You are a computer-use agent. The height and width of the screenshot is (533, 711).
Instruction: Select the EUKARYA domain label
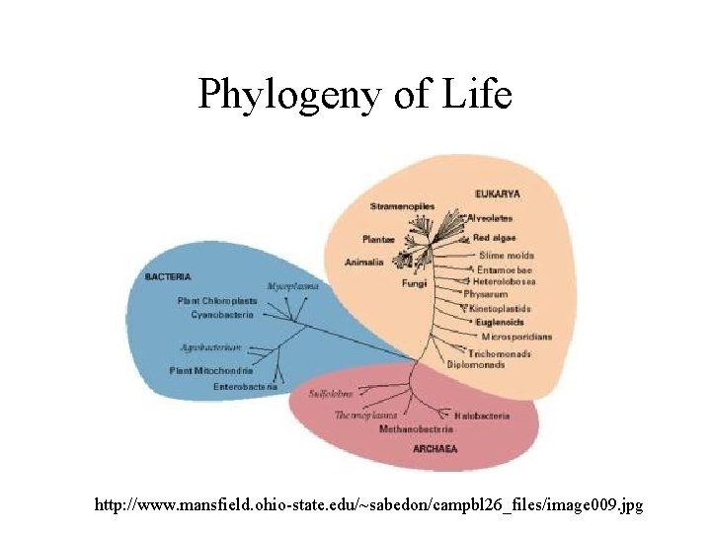click(498, 193)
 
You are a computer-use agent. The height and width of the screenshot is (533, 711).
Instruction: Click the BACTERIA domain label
click(168, 276)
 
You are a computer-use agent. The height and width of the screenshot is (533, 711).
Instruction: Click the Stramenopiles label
click(402, 206)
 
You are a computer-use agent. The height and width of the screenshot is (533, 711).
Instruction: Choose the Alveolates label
click(490, 217)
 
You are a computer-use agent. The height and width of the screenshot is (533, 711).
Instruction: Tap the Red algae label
click(494, 238)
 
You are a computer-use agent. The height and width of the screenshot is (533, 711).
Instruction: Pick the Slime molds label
click(513, 255)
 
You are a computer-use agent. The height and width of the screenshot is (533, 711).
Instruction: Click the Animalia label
click(364, 263)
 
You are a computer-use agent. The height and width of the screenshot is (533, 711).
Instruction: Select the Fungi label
click(414, 284)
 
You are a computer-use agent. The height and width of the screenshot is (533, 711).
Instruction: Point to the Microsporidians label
click(516, 337)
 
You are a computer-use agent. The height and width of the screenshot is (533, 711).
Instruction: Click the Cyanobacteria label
click(222, 315)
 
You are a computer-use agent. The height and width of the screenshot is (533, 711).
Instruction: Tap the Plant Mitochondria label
click(211, 371)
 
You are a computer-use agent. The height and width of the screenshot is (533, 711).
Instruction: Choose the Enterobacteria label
click(246, 387)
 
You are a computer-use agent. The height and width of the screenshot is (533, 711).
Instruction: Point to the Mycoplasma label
click(292, 286)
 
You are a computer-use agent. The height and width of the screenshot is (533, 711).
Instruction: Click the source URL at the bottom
click(368, 505)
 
